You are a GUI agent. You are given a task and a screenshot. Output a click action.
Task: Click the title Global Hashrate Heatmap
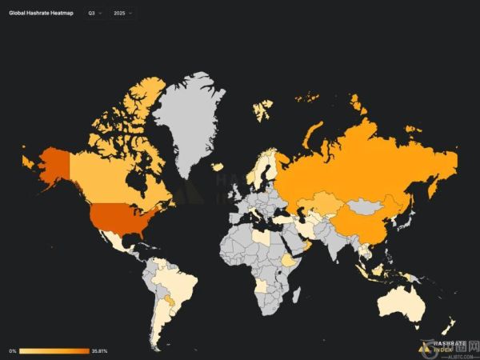(42, 14)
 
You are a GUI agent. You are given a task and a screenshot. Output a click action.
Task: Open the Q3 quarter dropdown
(94, 14)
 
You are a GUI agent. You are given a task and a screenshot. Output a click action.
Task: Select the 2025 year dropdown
(122, 14)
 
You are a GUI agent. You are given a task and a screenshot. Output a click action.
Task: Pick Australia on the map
(408, 300)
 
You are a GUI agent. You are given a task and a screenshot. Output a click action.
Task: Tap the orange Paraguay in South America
(169, 301)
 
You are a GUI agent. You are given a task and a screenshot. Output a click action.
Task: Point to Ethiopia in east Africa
(289, 260)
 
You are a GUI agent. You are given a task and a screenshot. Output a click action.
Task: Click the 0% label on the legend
(13, 350)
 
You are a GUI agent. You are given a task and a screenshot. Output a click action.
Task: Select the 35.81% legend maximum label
(99, 350)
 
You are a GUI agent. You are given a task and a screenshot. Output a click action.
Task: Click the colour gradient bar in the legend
(54, 350)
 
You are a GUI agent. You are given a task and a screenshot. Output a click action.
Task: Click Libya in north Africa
(262, 237)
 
